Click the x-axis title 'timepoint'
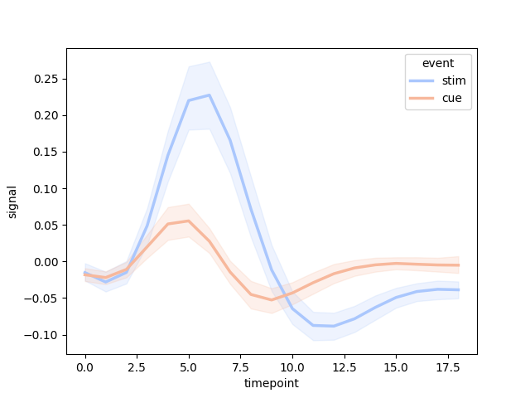click(271, 383)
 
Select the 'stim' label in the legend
click(453, 81)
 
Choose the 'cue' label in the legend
click(451, 98)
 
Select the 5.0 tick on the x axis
click(189, 354)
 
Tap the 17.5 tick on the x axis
click(448, 354)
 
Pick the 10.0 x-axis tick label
click(292, 366)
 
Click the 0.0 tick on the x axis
click(85, 354)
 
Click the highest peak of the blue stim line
click(210, 95)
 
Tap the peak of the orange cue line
click(189, 221)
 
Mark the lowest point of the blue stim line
click(334, 326)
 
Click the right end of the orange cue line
click(458, 265)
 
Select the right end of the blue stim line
click(458, 289)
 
